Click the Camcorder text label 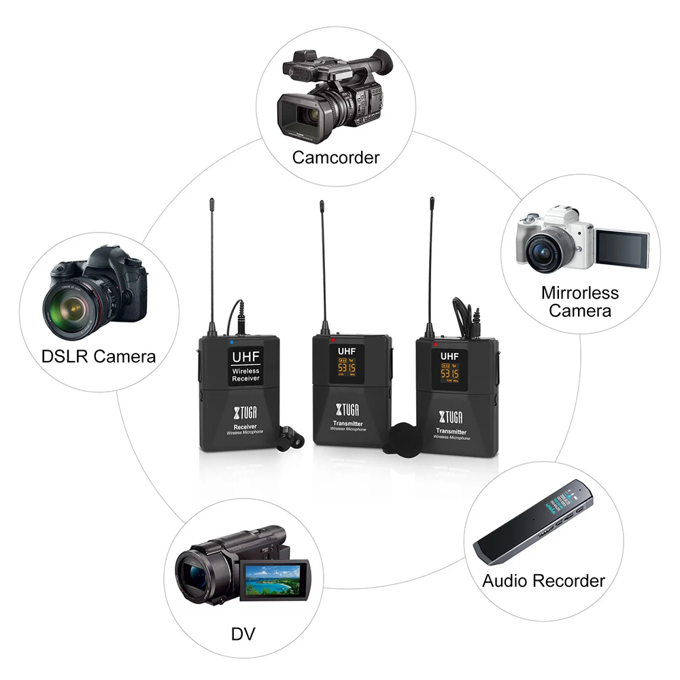coord(335,158)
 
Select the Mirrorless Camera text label coord(580,302)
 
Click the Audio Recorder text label coord(543,581)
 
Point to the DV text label coord(243,635)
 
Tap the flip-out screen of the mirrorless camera coord(622,248)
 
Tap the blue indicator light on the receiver coord(231,341)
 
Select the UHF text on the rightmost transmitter coord(448,356)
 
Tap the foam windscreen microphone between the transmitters coord(403,437)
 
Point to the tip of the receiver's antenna coord(211,201)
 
